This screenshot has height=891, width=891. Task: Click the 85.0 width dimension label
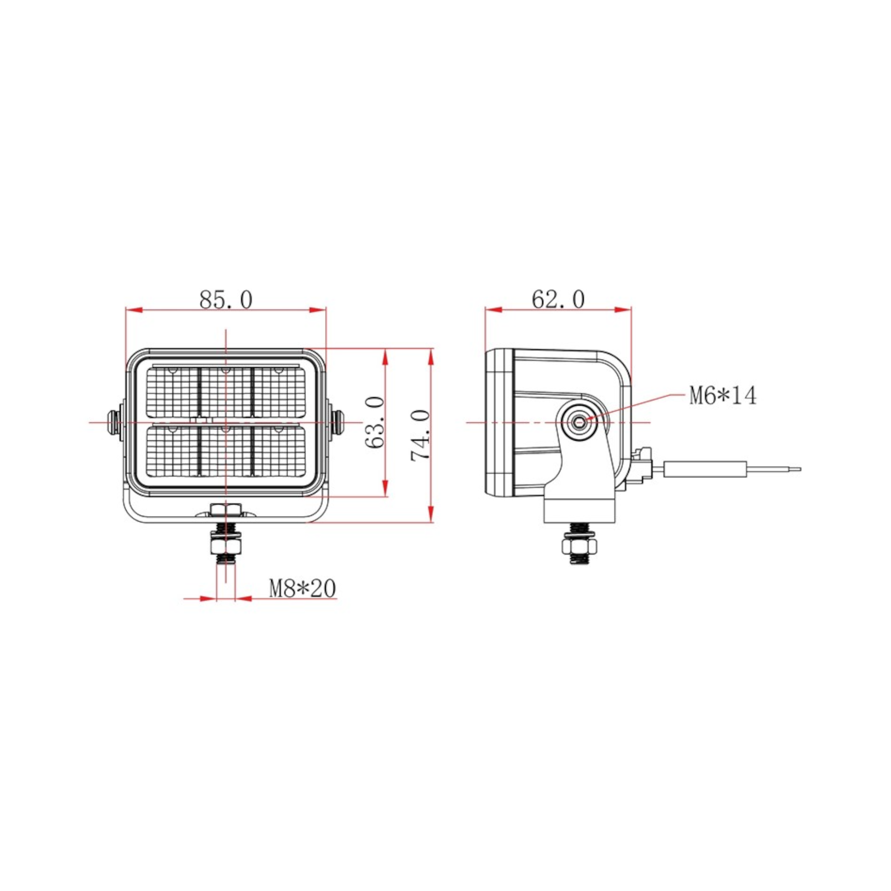tap(226, 300)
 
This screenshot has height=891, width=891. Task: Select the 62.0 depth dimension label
tap(558, 300)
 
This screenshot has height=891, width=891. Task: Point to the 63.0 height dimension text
tap(375, 422)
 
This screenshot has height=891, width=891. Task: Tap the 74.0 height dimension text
tap(420, 435)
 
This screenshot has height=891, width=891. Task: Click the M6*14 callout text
tap(723, 396)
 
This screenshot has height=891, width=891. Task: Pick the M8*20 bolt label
tap(303, 589)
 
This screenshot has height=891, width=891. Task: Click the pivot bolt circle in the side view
tap(579, 422)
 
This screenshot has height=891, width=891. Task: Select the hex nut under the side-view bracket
tap(579, 547)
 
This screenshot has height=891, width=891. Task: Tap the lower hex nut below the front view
tap(225, 547)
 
